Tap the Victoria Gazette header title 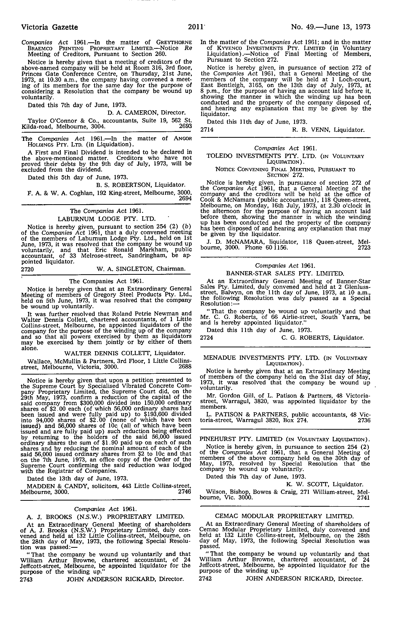[x=49, y=27]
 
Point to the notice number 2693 [x=185, y=126]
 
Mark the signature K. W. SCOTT [x=309, y=484]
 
